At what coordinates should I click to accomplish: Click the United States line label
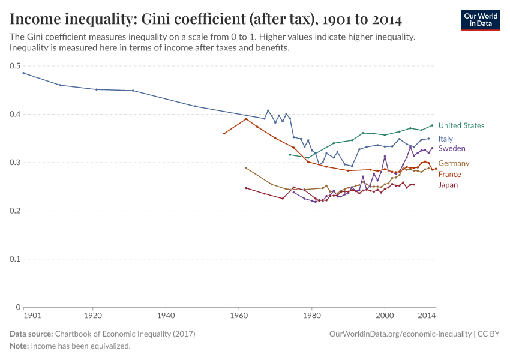pyautogui.click(x=461, y=126)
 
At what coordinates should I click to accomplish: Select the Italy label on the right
pyautogui.click(x=445, y=139)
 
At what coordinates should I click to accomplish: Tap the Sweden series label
pyautogui.click(x=451, y=148)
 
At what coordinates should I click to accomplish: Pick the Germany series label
pyautogui.click(x=454, y=163)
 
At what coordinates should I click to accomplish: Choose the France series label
pyautogui.click(x=449, y=174)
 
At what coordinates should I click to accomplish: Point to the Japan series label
pyautogui.click(x=448, y=185)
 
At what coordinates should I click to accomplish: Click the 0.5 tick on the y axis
pyautogui.click(x=15, y=66)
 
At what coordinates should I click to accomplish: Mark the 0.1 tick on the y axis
pyautogui.click(x=15, y=259)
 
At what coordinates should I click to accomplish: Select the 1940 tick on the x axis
pyautogui.click(x=166, y=315)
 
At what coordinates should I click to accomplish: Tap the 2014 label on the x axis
pyautogui.click(x=427, y=315)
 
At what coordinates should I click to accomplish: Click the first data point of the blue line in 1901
pyautogui.click(x=23, y=73)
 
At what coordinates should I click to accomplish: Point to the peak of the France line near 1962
pyautogui.click(x=246, y=119)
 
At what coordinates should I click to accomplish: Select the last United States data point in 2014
pyautogui.click(x=432, y=125)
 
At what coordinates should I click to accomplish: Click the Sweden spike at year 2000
pyautogui.click(x=385, y=157)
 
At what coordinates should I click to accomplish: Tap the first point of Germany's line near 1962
pyautogui.click(x=246, y=168)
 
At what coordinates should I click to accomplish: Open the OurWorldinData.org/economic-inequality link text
pyautogui.click(x=400, y=334)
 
